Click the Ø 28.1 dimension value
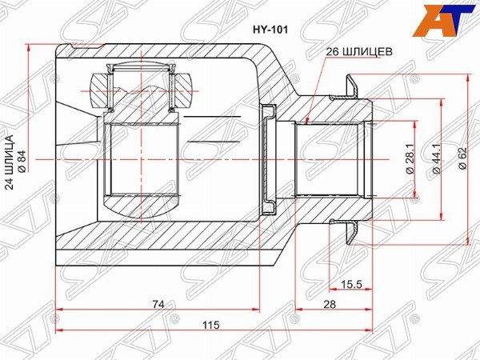click(x=408, y=159)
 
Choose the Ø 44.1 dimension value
click(x=436, y=158)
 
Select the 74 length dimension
click(x=158, y=304)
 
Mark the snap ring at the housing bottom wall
click(x=270, y=158)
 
